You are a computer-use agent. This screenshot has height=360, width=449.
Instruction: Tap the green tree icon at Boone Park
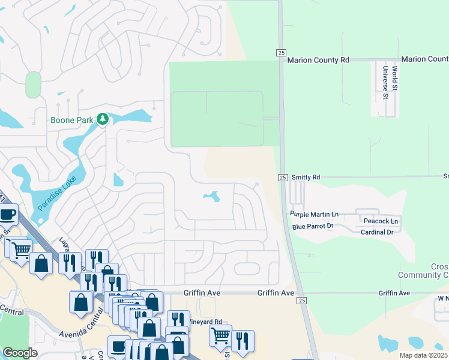tap(103, 119)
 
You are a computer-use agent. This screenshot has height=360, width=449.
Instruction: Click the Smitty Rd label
tap(306, 178)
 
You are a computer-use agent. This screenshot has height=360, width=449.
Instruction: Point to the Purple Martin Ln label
tap(315, 214)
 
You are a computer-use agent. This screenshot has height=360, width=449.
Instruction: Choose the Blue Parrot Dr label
tap(312, 226)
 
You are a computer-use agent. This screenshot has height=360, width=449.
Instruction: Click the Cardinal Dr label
tap(377, 232)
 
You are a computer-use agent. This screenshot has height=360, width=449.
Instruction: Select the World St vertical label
tap(395, 79)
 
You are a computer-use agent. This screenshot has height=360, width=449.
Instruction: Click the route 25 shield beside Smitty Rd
tap(282, 178)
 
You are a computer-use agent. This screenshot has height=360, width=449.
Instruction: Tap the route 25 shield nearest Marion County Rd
tap(281, 53)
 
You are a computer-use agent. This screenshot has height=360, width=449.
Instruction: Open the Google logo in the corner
tap(20, 353)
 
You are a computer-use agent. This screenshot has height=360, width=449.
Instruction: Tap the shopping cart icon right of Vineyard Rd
tap(220, 335)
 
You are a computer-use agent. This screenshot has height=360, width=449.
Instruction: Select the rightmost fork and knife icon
tap(243, 341)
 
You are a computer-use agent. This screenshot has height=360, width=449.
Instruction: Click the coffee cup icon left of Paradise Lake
tap(7, 214)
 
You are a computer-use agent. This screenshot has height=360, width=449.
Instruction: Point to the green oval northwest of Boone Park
tap(34, 85)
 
